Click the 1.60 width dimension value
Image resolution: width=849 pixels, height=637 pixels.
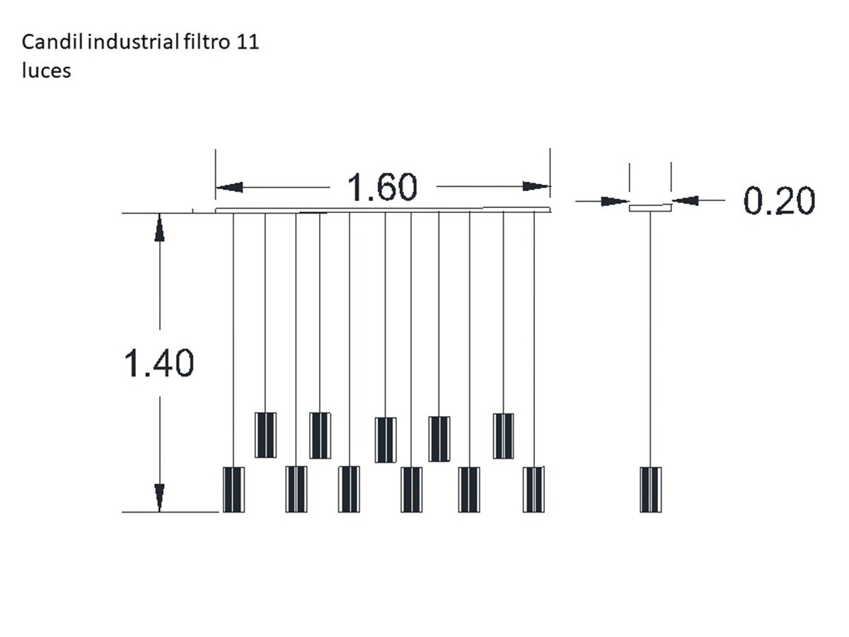coord(382,187)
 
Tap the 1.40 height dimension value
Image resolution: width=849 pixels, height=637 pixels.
coord(158,362)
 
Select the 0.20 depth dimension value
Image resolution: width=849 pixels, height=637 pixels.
coord(779,200)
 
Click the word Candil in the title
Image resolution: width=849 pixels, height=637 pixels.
coord(52,42)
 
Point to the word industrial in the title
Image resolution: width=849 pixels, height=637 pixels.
coord(133,42)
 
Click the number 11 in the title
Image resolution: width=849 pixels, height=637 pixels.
coord(248,42)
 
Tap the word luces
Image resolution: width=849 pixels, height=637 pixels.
coord(47,71)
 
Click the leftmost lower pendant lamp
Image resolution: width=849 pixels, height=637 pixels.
coord(233,490)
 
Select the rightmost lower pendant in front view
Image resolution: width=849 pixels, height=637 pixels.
coord(533,489)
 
